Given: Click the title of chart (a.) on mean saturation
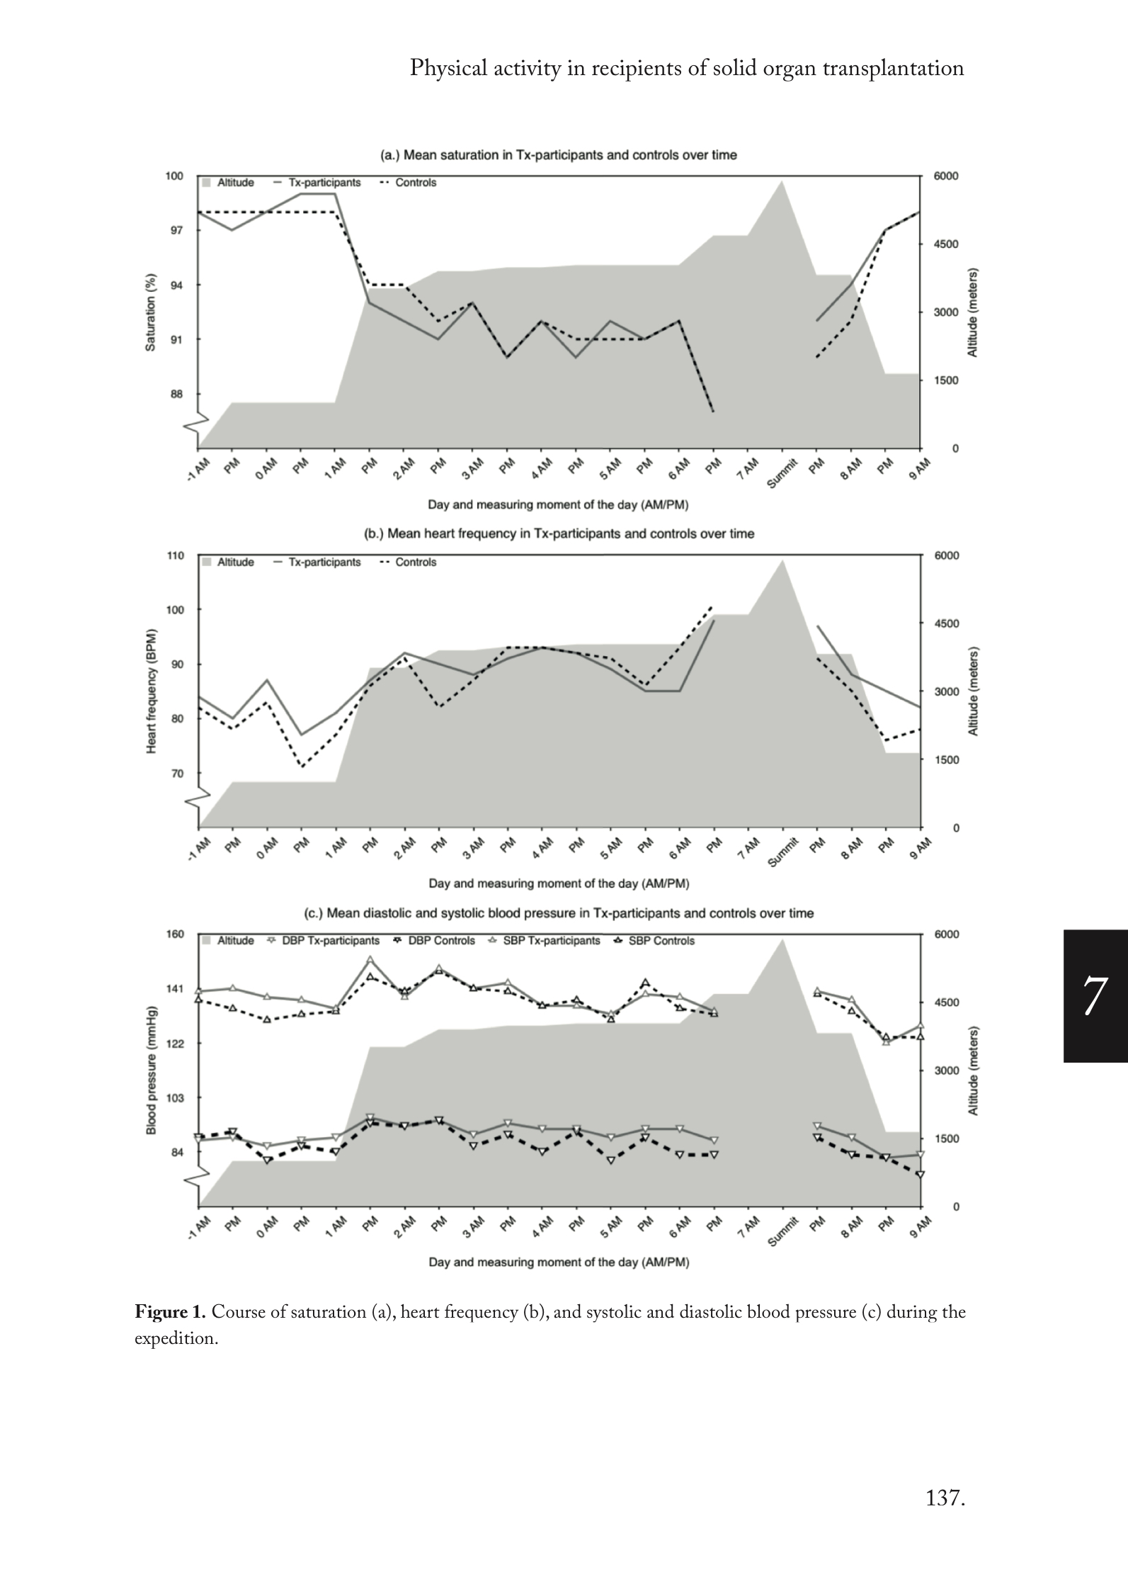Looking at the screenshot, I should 559,155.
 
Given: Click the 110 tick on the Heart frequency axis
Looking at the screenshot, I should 176,555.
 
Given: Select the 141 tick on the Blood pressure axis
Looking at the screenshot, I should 175,989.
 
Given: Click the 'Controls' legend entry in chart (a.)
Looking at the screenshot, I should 416,183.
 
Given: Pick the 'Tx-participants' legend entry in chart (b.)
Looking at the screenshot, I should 324,563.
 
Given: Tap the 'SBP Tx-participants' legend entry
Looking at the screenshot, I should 552,941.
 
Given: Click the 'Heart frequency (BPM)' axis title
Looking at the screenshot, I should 151,690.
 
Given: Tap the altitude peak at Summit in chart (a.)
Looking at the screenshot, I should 782,182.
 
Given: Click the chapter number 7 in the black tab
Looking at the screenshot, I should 1094,995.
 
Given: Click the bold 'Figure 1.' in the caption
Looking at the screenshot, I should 170,1312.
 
